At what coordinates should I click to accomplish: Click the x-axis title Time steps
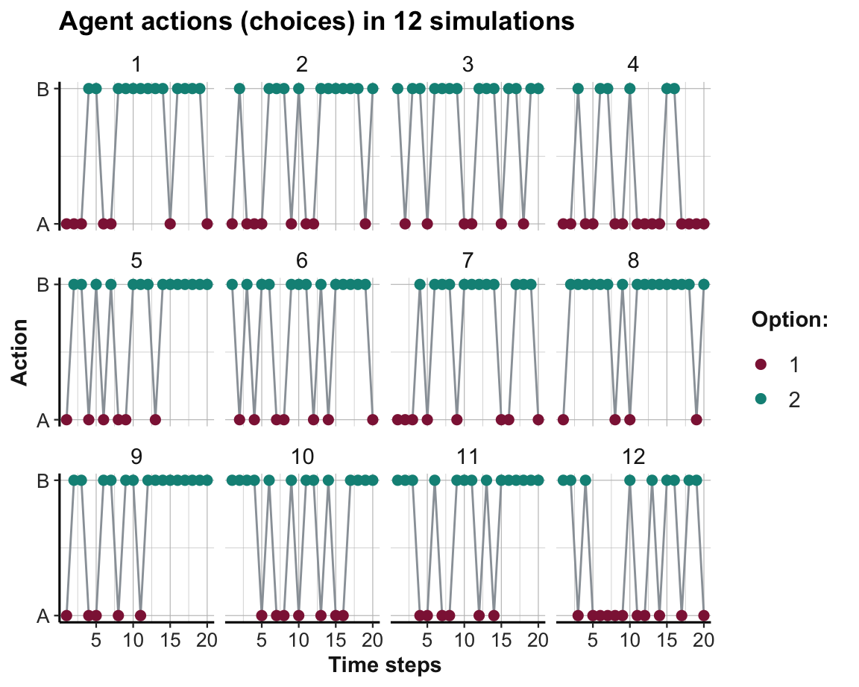[x=385, y=665]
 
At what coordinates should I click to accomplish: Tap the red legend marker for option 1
[x=761, y=364]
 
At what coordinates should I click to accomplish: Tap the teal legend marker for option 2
[x=761, y=400]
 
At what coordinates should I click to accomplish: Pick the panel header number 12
[x=633, y=457]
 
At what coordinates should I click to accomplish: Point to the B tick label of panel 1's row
[x=43, y=89]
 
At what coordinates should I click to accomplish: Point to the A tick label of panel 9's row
[x=43, y=616]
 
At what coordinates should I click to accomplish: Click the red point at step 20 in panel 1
[x=207, y=224]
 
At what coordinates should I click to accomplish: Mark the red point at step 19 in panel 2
[x=365, y=224]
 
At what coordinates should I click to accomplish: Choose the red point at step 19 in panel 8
[x=696, y=419]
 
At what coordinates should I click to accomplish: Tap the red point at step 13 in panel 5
[x=155, y=419]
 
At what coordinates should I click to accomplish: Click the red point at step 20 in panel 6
[x=373, y=419]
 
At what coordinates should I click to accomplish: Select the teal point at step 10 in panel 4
[x=629, y=89]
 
